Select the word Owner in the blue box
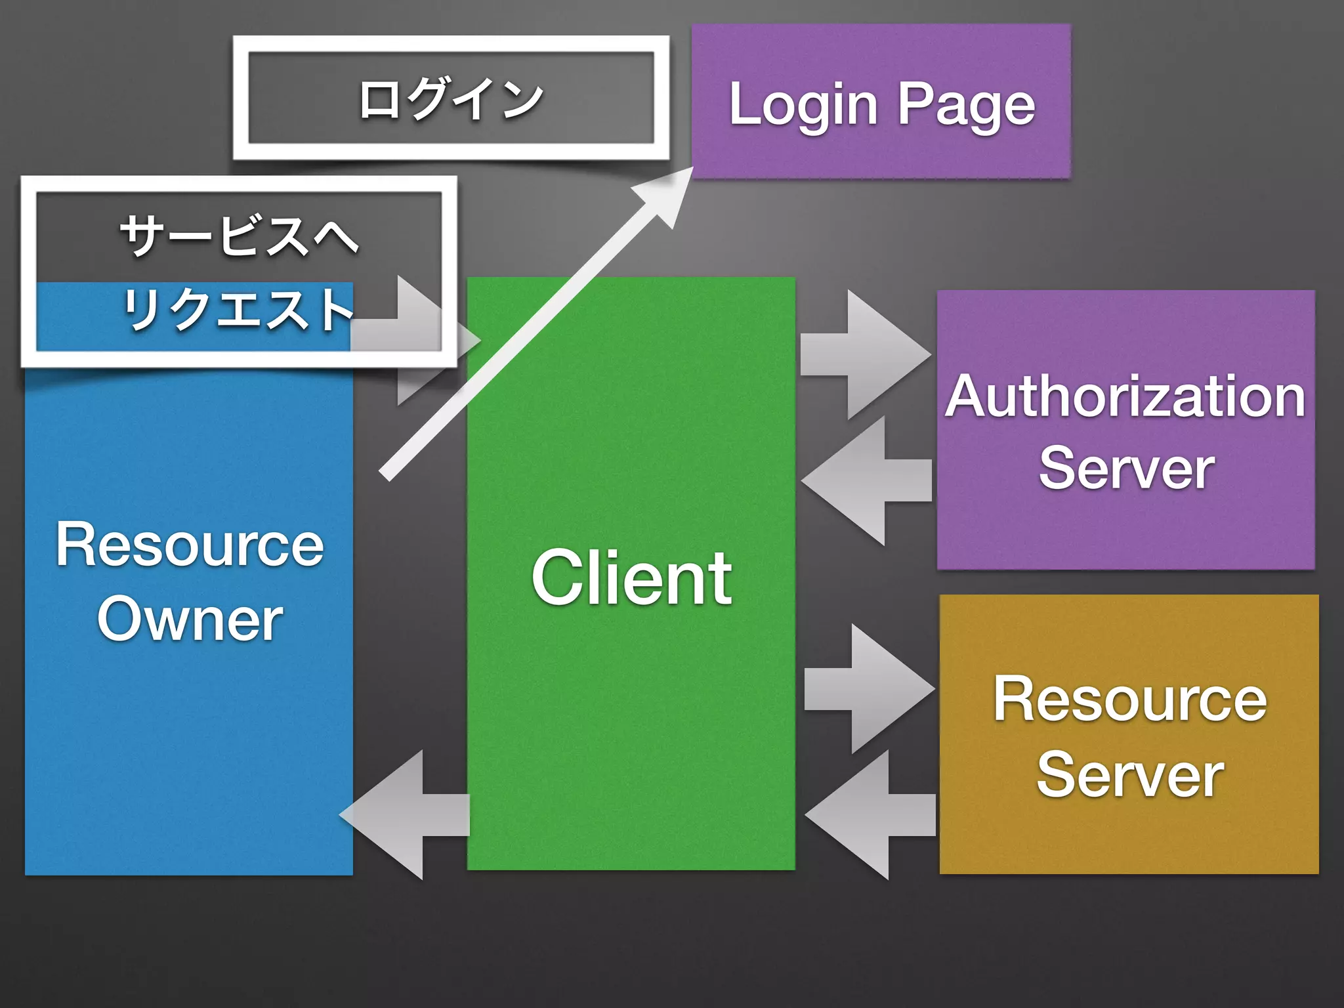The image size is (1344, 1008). pyautogui.click(x=190, y=619)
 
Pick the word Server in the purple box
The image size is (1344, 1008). pyautogui.click(x=1126, y=467)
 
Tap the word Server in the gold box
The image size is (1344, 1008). pyautogui.click(x=1129, y=775)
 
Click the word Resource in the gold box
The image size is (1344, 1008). pyautogui.click(x=1129, y=699)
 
